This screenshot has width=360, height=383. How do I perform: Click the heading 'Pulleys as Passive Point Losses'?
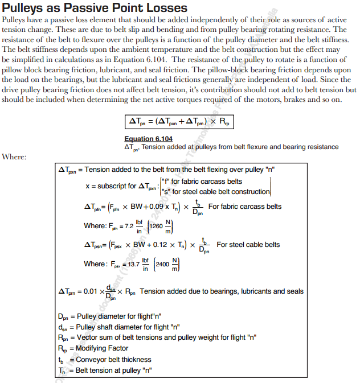tap(95, 8)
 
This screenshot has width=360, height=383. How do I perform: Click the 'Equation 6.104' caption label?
tap(148, 139)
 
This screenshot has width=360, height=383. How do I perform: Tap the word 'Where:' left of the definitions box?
tap(14, 157)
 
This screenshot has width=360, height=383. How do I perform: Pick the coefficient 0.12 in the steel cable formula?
tap(154, 245)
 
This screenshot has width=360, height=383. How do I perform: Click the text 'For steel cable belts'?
tap(248, 245)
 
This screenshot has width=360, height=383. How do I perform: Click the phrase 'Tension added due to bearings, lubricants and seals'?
tap(222, 291)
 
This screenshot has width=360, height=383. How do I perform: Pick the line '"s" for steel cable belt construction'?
tap(215, 192)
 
